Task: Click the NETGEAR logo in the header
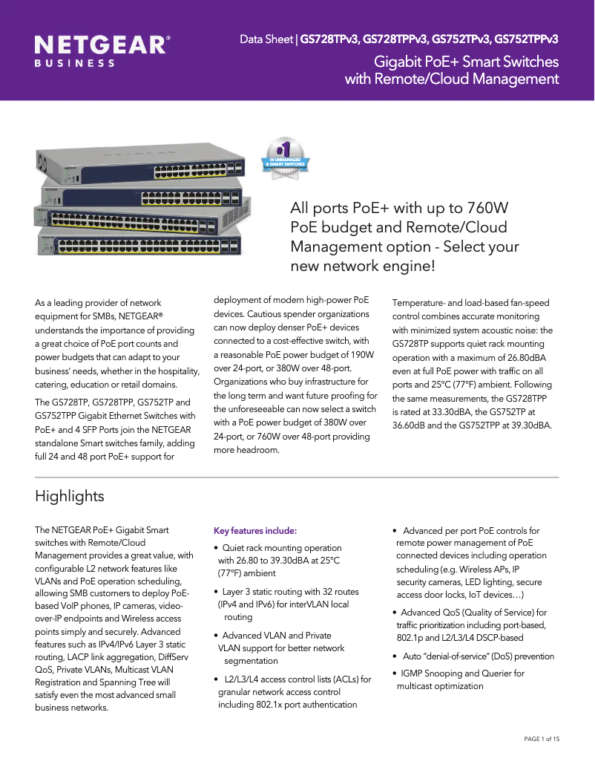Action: [x=102, y=45]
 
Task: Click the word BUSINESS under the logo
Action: [x=75, y=64]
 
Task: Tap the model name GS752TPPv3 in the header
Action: [x=526, y=39]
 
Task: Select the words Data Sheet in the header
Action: [x=266, y=39]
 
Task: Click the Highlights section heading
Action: [x=70, y=495]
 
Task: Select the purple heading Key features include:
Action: [x=255, y=531]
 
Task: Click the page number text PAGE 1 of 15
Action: [x=542, y=739]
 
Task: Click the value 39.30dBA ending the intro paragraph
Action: [x=526, y=425]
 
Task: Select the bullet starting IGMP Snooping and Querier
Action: [x=462, y=673]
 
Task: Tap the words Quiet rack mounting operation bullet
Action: [x=282, y=548]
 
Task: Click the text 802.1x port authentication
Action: [x=287, y=704]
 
